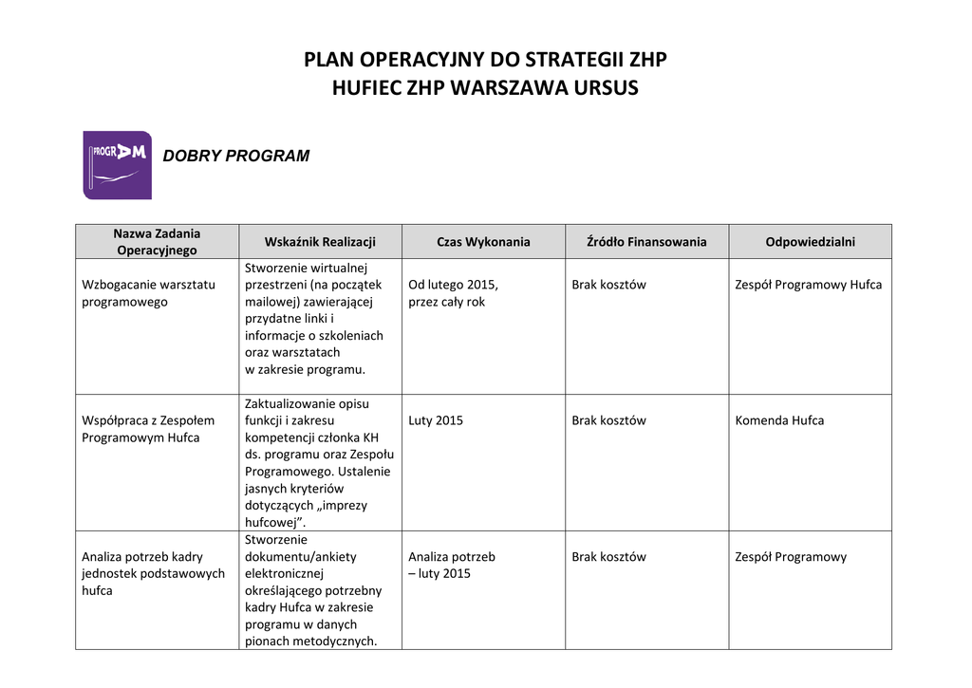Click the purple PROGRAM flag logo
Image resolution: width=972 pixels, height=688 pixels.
coord(117,164)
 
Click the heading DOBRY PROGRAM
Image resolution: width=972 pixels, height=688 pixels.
coord(236,156)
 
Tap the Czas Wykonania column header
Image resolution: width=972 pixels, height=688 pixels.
coord(483,242)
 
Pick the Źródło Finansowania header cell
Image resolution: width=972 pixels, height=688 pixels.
coord(647,242)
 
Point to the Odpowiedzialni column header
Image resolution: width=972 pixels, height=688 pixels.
coord(810,242)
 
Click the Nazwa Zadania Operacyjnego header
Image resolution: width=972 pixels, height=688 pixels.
coord(157,242)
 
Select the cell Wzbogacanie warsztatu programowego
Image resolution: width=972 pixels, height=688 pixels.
coord(149,293)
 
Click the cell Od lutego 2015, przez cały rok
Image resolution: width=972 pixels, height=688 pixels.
coord(453,293)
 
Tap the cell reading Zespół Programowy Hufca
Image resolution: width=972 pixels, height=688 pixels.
coord(808,285)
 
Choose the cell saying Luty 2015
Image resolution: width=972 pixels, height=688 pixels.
coord(436,420)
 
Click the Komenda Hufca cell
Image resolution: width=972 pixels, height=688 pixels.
coord(779,420)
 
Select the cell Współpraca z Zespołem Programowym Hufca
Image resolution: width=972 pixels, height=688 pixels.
coord(148,429)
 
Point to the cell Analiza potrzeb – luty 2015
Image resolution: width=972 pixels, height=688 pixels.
coord(452,566)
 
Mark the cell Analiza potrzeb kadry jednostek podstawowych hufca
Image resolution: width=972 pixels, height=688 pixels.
coord(153,573)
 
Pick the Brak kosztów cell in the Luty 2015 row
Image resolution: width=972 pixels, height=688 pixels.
coord(608,420)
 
